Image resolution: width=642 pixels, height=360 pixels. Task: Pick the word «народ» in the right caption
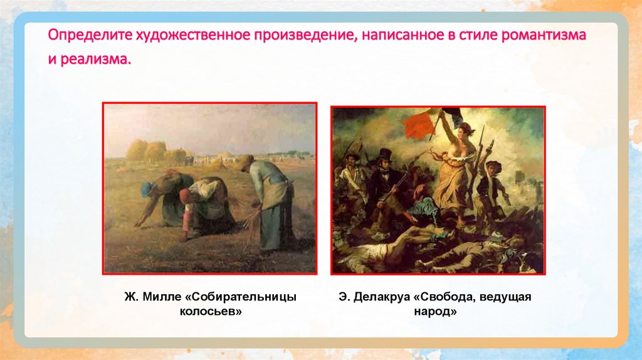(x=428, y=311)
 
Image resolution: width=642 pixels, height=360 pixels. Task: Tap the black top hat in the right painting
(x=384, y=154)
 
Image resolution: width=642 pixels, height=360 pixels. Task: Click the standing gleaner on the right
(x=271, y=201)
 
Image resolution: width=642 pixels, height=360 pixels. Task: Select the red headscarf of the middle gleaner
(x=184, y=194)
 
